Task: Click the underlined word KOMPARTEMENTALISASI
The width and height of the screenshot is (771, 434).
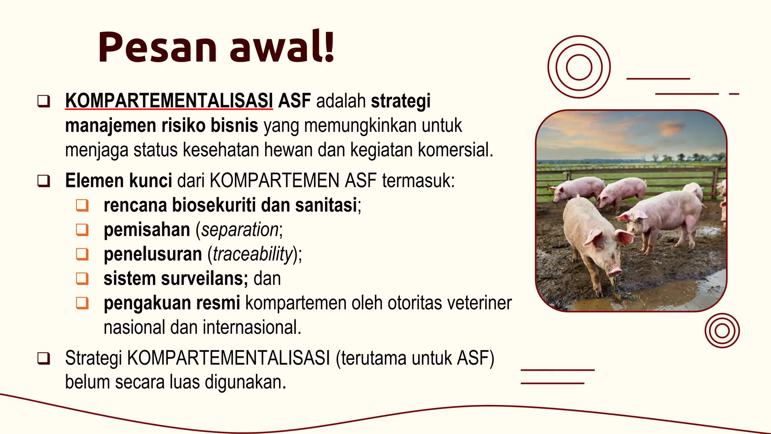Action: [169, 101]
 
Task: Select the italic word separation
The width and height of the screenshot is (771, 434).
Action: [239, 230]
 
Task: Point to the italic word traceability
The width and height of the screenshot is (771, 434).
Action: [253, 254]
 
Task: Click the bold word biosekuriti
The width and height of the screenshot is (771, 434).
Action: [214, 205]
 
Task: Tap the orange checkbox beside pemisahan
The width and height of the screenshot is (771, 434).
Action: [82, 230]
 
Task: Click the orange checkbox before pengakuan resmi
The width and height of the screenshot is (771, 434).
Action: [82, 303]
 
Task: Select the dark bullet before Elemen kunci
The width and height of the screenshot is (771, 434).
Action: [44, 181]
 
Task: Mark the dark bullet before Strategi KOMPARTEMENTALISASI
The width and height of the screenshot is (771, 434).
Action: [44, 358]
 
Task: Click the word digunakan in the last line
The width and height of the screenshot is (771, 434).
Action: [245, 382]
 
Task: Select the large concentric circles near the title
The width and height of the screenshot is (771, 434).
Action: [579, 67]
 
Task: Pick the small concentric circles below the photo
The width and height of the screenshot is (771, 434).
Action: [722, 330]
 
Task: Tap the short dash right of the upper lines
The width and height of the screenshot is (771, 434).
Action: [734, 94]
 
